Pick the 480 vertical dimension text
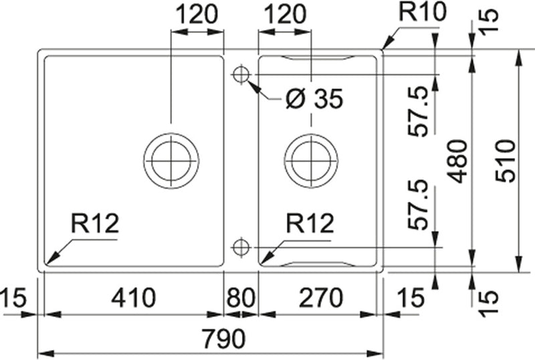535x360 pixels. [x=458, y=161]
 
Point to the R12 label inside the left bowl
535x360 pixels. [x=95, y=223]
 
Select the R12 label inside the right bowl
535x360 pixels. [x=309, y=223]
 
